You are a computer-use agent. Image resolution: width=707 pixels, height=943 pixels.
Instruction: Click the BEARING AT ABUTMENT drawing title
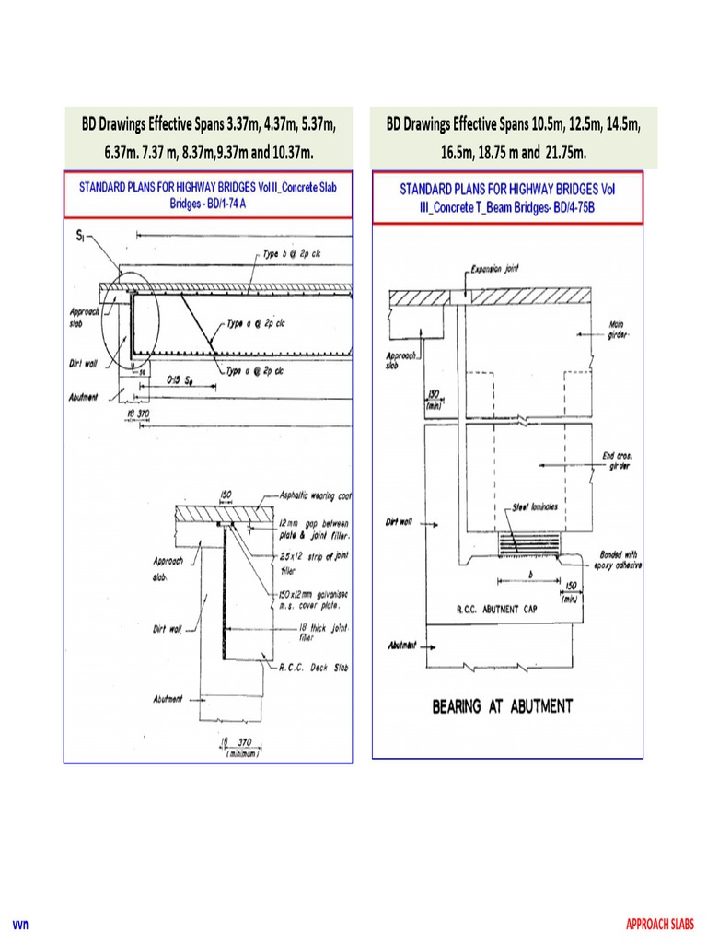(x=503, y=706)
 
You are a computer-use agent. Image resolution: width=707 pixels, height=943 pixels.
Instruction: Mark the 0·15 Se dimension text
(x=180, y=379)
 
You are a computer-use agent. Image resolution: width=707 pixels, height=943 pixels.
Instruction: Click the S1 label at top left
(x=81, y=236)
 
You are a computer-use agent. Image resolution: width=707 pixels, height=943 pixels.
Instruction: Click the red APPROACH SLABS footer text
(x=660, y=924)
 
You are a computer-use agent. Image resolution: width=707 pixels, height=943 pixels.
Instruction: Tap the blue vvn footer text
(x=19, y=924)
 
